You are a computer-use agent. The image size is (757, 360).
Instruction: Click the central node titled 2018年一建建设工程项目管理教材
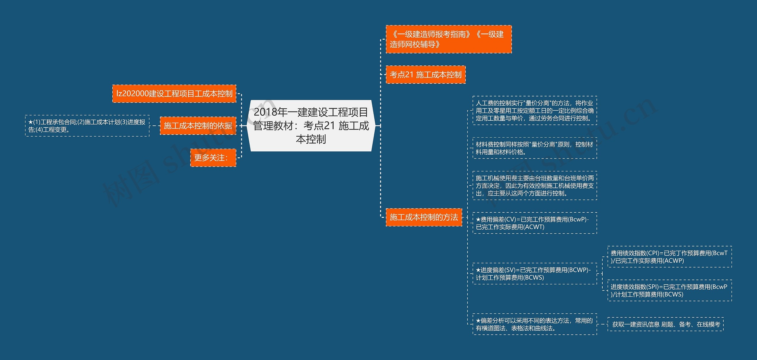tap(311, 126)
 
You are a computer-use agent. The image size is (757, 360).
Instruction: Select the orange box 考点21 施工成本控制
tap(426, 75)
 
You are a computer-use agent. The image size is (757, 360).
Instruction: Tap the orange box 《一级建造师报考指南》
tap(448, 39)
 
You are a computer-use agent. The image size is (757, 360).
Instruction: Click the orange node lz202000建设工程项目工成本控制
tap(174, 94)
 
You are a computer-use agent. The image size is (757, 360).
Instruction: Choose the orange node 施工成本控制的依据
tap(198, 126)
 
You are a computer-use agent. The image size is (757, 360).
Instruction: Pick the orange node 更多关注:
tap(213, 158)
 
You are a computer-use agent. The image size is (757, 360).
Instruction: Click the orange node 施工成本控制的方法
tap(424, 217)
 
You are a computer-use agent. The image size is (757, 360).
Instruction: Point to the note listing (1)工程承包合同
tap(87, 126)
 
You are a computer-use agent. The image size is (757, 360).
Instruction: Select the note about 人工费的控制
tap(535, 111)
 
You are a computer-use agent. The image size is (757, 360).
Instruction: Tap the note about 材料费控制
tap(535, 148)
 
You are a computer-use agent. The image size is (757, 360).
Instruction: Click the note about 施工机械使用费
tap(535, 185)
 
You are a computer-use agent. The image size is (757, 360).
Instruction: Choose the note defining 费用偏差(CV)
tap(535, 223)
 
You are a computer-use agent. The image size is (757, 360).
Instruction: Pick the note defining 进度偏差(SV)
tap(535, 274)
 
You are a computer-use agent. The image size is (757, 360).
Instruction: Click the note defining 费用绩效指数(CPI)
tap(669, 257)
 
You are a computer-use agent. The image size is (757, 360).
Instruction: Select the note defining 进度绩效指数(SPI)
tap(669, 290)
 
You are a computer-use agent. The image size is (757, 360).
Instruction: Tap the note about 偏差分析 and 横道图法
tap(535, 324)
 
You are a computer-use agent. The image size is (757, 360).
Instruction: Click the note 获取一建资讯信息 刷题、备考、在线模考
tap(665, 324)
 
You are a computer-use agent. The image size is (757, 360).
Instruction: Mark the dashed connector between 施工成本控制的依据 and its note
tap(155, 126)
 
